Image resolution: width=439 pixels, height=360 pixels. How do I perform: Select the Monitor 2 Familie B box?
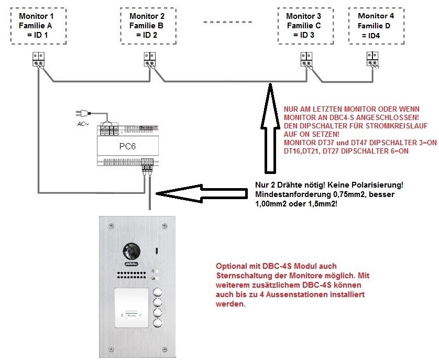[146, 26]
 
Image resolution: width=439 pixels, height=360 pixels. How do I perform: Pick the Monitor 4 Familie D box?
[375, 26]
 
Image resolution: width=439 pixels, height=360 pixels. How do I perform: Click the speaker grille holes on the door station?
[132, 275]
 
